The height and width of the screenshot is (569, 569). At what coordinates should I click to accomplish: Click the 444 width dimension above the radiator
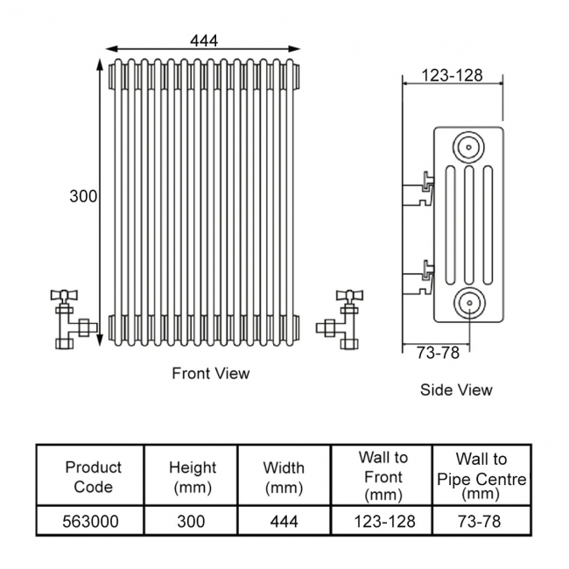click(x=203, y=39)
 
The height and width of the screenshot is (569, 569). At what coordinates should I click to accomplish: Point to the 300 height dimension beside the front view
click(x=83, y=197)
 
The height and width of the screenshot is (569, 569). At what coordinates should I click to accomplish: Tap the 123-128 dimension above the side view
click(x=452, y=75)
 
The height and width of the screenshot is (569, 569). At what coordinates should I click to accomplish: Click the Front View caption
click(x=210, y=374)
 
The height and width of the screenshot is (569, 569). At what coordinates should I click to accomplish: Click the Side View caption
click(x=456, y=390)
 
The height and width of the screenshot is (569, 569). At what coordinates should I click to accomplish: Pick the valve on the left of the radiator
click(x=69, y=316)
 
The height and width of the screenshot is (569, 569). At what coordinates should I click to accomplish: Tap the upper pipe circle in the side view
click(x=469, y=145)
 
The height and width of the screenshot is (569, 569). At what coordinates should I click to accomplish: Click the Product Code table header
click(x=93, y=477)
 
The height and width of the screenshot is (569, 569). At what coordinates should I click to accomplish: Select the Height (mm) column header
click(x=192, y=477)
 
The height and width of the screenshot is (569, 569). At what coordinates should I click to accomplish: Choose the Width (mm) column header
click(x=284, y=477)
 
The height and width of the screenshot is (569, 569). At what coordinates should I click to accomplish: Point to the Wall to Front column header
click(x=383, y=477)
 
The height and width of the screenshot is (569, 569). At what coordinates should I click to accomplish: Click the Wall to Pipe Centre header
click(x=481, y=477)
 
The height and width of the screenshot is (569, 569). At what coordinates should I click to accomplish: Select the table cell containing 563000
click(x=92, y=522)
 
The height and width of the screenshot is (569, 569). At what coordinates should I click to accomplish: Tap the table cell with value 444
click(x=284, y=522)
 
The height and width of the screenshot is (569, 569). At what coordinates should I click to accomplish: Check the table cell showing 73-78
click(x=481, y=522)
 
